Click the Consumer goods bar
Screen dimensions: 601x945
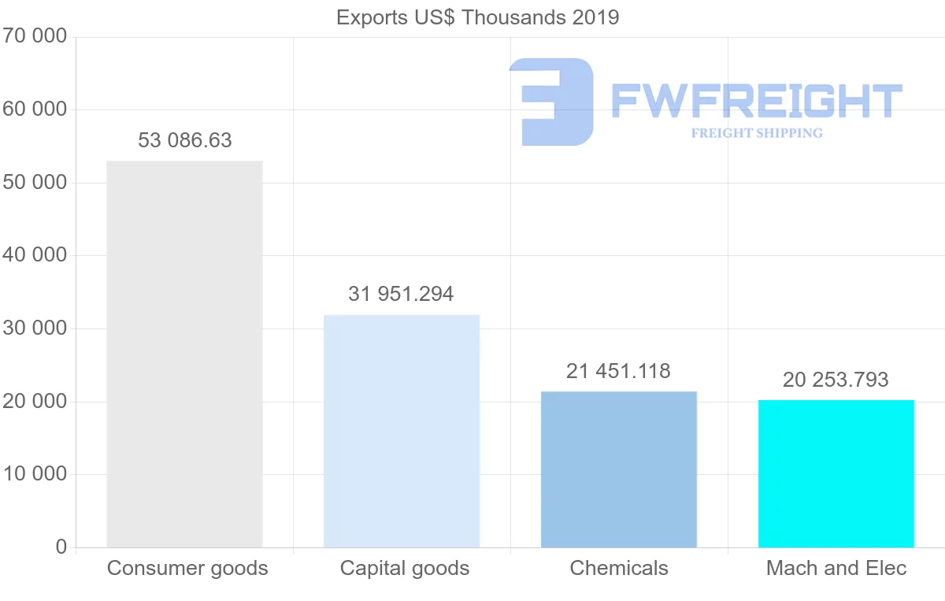click(184, 354)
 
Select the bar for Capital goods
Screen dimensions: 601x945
click(402, 432)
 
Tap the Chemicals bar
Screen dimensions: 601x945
click(619, 469)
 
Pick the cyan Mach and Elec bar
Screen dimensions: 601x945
click(836, 474)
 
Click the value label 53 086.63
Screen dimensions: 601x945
click(185, 140)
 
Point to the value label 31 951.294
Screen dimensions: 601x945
click(401, 294)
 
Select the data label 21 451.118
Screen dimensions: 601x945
click(618, 371)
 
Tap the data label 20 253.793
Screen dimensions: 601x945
click(836, 380)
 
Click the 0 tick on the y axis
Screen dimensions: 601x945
click(61, 547)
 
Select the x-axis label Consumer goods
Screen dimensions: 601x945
click(187, 568)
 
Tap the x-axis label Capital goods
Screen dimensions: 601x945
click(405, 568)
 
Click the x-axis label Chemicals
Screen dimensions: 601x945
click(619, 568)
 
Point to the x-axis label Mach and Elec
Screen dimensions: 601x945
click(836, 568)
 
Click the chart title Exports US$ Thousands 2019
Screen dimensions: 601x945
click(477, 17)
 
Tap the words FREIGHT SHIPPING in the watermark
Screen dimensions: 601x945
click(757, 133)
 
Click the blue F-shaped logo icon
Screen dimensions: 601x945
click(551, 102)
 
